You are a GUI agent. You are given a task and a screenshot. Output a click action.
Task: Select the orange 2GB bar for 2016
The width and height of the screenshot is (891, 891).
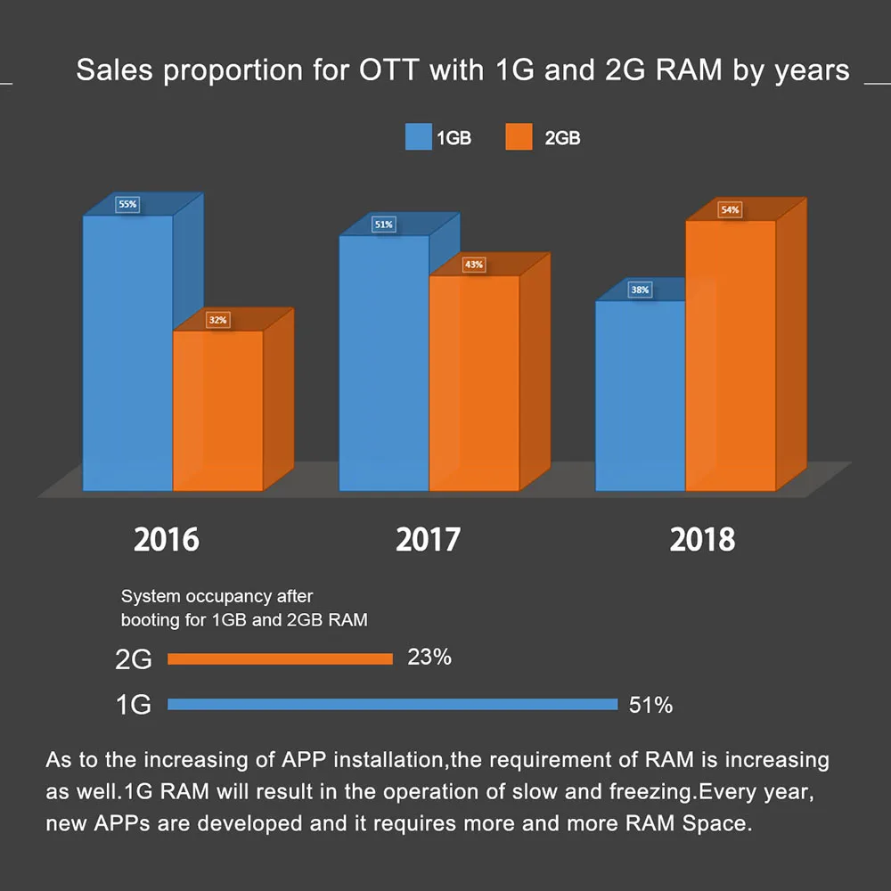tap(217, 410)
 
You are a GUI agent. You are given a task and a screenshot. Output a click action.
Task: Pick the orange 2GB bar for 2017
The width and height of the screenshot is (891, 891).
tap(474, 383)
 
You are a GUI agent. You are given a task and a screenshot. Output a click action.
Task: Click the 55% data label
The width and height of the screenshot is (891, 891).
tap(127, 204)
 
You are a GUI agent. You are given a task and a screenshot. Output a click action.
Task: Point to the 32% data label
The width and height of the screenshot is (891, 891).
tap(217, 319)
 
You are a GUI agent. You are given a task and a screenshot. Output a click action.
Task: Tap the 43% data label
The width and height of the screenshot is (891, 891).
tap(473, 265)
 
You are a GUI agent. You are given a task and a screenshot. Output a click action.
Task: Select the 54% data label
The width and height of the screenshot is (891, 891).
tap(730, 210)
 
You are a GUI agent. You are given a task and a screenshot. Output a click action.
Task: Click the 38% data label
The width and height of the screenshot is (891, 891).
tap(640, 290)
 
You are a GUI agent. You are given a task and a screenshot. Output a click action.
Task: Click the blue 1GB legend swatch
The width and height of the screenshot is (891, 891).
tap(418, 137)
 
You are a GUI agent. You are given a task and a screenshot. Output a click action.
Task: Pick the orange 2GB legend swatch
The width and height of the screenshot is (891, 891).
tap(519, 137)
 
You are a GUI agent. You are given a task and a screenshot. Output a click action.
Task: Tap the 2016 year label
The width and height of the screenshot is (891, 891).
tap(167, 540)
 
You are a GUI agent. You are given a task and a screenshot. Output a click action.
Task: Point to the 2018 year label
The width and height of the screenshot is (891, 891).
tap(702, 540)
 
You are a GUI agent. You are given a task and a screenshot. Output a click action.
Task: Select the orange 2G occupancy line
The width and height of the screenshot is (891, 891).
tap(280, 659)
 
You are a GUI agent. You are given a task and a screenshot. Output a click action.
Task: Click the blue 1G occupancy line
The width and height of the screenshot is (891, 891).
tap(392, 705)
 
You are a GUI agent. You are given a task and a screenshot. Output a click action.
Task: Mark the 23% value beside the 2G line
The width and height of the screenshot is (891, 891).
tap(429, 658)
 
